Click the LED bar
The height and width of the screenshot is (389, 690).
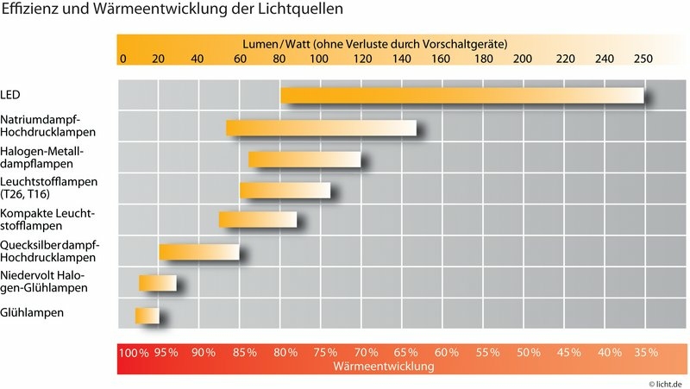coord(462,96)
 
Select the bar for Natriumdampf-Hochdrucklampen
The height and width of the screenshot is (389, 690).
coord(321,128)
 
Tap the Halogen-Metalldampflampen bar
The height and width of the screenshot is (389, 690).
coord(304,159)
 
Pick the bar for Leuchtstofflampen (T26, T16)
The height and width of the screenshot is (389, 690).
coord(285,191)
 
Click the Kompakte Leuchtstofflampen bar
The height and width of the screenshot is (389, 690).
coord(258,220)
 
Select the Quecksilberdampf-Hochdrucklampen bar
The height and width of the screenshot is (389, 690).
coord(198,252)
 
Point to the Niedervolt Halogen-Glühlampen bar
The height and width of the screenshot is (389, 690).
coord(158,283)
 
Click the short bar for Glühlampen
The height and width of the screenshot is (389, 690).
coord(147,315)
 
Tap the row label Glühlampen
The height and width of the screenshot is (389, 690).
coord(32,313)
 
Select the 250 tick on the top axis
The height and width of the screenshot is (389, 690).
coord(642,59)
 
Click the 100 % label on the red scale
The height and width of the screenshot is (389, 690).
coord(134,353)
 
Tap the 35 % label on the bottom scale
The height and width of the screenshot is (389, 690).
coord(645,353)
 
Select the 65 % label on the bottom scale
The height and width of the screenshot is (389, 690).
coord(406,353)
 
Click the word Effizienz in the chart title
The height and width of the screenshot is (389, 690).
coord(28,11)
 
